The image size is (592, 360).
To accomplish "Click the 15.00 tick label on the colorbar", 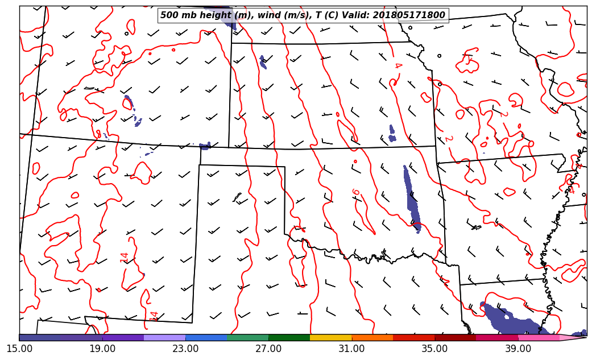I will [19, 348].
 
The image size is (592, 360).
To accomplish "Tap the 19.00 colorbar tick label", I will [102, 348].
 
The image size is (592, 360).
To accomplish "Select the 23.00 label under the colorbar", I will [185, 348].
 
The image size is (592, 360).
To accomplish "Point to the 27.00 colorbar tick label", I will [268, 348].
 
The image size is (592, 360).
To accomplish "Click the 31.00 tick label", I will [351, 348].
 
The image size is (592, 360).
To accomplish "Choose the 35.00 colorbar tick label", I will [434, 348].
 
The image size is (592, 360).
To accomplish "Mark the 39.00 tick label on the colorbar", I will [518, 348].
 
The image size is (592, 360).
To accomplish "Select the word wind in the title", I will [271, 15].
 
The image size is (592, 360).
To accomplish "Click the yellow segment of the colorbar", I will [330, 337].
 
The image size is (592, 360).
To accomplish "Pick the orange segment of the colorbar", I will [372, 337].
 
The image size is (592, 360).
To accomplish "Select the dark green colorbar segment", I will [289, 337].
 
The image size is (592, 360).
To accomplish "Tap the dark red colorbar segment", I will [455, 337].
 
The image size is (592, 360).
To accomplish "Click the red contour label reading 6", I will [356, 193].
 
